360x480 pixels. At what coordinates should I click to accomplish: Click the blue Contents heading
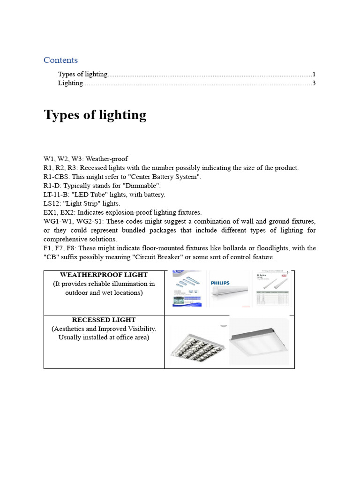click(x=60, y=60)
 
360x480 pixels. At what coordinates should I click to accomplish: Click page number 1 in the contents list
click(x=314, y=74)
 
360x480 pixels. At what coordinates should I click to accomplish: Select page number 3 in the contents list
click(x=314, y=83)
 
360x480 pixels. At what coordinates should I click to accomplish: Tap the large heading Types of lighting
click(x=95, y=115)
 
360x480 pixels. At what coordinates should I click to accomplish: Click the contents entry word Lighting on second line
click(x=70, y=83)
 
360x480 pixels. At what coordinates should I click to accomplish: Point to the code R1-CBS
click(x=56, y=177)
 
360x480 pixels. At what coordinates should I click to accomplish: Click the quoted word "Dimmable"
click(x=143, y=186)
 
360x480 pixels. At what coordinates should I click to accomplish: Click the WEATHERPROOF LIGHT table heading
click(x=104, y=275)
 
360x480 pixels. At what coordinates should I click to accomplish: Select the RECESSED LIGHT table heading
click(x=104, y=320)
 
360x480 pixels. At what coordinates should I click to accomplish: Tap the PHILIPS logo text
click(x=224, y=283)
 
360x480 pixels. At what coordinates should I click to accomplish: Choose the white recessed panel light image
click(x=259, y=342)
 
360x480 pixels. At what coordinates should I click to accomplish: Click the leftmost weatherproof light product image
click(x=187, y=289)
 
